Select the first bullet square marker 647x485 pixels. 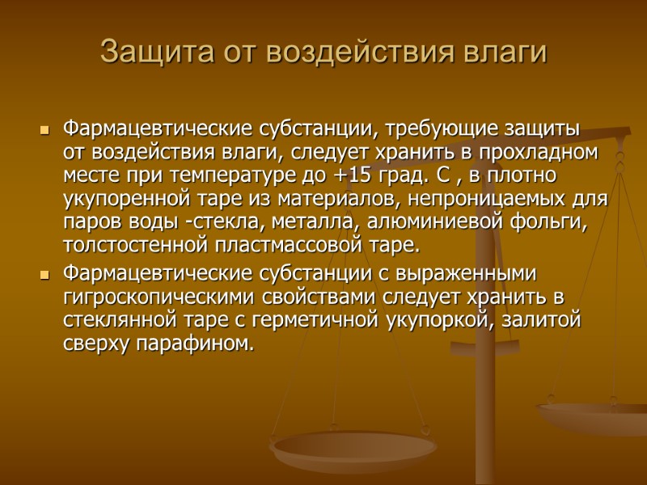point(44,130)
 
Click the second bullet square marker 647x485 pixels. point(44,275)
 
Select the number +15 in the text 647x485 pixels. point(350,175)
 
